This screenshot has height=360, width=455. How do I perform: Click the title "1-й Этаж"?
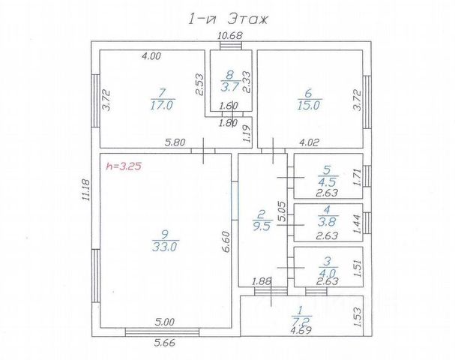point(228,19)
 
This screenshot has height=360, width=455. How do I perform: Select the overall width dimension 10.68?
point(230,36)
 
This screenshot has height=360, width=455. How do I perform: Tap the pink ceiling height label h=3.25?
point(124,166)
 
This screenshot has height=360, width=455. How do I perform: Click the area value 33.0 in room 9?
point(164,247)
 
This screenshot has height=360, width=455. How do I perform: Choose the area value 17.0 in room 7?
point(162,105)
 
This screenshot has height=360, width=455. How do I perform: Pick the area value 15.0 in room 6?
point(308,105)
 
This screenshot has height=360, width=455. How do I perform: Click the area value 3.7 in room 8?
point(229,87)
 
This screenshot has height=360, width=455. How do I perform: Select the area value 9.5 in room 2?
point(262,226)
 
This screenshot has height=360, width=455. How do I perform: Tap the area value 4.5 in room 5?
point(328,182)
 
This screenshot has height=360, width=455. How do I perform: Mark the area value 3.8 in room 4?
point(328,222)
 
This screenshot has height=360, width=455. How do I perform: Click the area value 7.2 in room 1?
point(301,321)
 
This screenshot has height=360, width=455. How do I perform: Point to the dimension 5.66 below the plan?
point(164,343)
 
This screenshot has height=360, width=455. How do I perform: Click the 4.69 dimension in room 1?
point(301,330)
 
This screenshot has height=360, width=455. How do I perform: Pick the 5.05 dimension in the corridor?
point(282,211)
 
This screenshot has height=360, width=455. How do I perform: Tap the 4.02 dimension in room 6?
point(309,142)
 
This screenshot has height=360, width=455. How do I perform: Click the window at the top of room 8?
point(230,46)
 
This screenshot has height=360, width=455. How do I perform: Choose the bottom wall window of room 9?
point(162,332)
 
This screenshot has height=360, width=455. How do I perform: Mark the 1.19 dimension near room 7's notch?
point(247,133)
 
